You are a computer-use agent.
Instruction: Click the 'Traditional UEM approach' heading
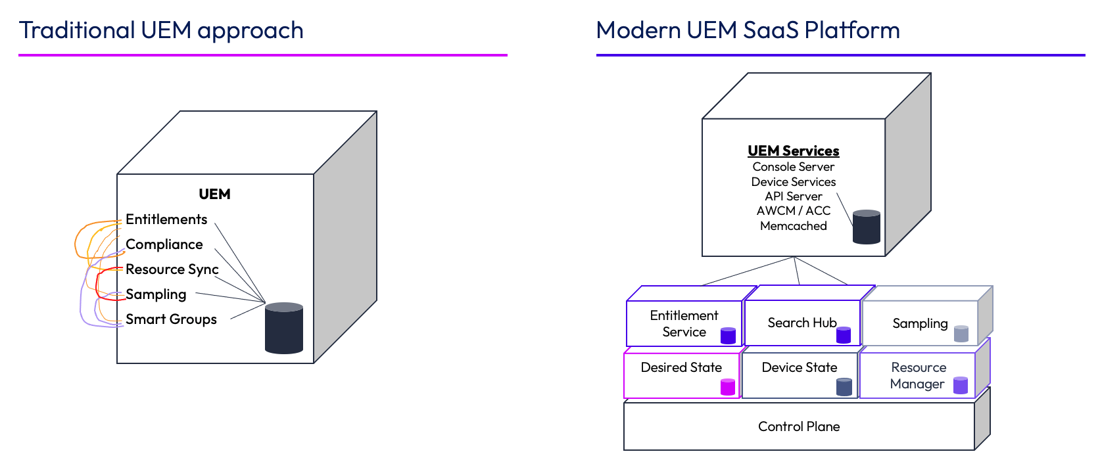click(161, 30)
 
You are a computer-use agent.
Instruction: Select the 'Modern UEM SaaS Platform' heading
click(748, 30)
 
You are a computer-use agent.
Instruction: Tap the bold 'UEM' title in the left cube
click(214, 195)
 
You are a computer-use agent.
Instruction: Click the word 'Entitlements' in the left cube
click(166, 219)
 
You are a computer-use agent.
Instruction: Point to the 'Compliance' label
click(164, 244)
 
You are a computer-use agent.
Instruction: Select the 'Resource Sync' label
click(172, 269)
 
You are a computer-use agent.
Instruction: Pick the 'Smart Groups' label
click(171, 319)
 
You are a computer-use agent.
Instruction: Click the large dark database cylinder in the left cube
click(284, 328)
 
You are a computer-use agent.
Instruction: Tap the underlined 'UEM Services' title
click(793, 151)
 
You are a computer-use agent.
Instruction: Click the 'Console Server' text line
click(793, 167)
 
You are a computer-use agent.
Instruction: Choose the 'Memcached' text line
click(793, 226)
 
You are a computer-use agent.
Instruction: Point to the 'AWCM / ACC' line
click(793, 211)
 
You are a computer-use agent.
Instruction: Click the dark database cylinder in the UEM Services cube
click(866, 227)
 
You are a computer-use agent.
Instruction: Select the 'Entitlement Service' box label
click(684, 324)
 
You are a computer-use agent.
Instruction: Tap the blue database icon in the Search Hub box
click(844, 335)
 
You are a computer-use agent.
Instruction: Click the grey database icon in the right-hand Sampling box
click(961, 334)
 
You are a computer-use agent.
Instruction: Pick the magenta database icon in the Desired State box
click(728, 387)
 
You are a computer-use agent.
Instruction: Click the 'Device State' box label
click(800, 368)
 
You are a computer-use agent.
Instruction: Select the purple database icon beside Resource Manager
click(961, 386)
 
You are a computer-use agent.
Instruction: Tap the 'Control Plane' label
click(799, 426)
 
